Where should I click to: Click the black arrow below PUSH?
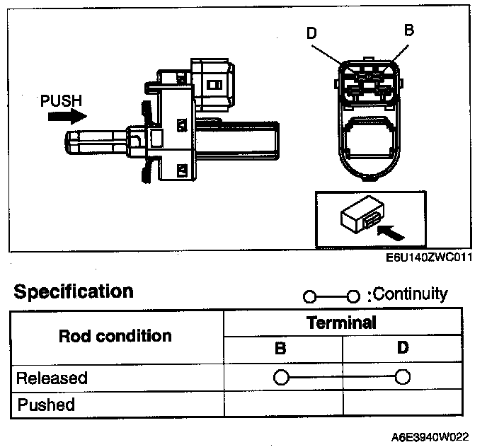coord(64,116)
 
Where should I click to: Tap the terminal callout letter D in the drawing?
coord(312,33)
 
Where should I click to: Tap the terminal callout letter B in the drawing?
coord(408,30)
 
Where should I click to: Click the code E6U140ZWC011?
coord(429,258)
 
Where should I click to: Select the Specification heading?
coord(74,291)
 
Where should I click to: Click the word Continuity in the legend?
coord(411,294)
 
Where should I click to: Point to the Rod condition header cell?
coord(115,335)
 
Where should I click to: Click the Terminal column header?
coord(341,323)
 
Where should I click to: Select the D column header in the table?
coord(402,349)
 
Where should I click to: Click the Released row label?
coord(52,377)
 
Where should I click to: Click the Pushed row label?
coord(46,405)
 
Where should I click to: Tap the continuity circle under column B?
coord(281,377)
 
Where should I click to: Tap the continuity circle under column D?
coord(403,377)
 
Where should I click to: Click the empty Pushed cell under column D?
coord(402,405)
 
